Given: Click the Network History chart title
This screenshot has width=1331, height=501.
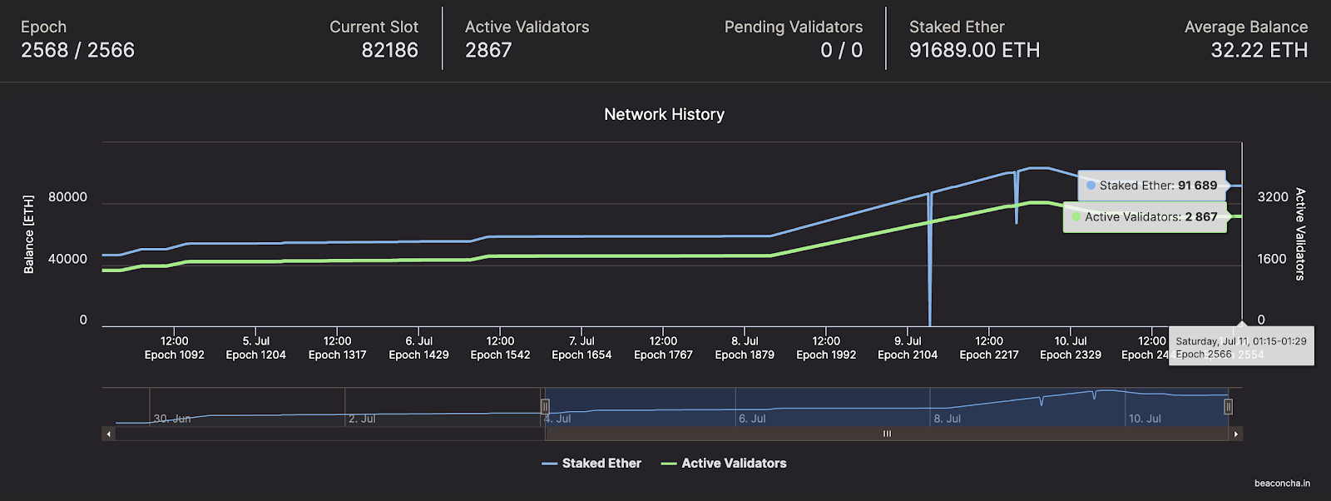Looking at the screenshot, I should tap(664, 114).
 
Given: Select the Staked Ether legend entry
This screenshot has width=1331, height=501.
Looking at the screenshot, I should tap(601, 464).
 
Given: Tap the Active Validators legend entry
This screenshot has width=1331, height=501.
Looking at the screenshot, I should tap(733, 464).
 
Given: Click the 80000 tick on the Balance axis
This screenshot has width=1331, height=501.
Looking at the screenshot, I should tap(67, 197).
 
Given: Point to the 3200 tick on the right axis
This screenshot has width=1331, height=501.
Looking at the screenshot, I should tap(1272, 197).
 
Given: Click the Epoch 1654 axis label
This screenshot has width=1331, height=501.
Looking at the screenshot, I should tap(581, 355).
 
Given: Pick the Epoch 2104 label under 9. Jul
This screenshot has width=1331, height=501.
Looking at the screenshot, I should tap(908, 355).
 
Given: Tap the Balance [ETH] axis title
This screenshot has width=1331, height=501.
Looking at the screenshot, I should tap(29, 234).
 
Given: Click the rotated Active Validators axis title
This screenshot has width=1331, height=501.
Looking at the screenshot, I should tap(1300, 234).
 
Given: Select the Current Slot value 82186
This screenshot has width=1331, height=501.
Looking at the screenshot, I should tap(389, 50).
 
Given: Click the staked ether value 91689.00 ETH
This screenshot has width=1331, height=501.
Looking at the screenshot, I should tap(974, 50).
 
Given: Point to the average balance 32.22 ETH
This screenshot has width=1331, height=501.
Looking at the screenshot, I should tap(1259, 50).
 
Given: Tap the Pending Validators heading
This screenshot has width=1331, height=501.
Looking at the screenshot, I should tap(793, 27).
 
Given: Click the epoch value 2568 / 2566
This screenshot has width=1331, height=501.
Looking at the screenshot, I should tap(77, 50).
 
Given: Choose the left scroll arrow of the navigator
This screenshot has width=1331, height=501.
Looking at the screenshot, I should tap(108, 434).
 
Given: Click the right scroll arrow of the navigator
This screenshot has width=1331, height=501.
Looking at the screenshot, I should tap(1236, 434).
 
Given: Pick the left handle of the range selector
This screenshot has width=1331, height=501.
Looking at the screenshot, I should tap(545, 406).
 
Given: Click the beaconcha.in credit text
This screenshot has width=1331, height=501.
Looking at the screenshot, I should tap(1282, 483).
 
